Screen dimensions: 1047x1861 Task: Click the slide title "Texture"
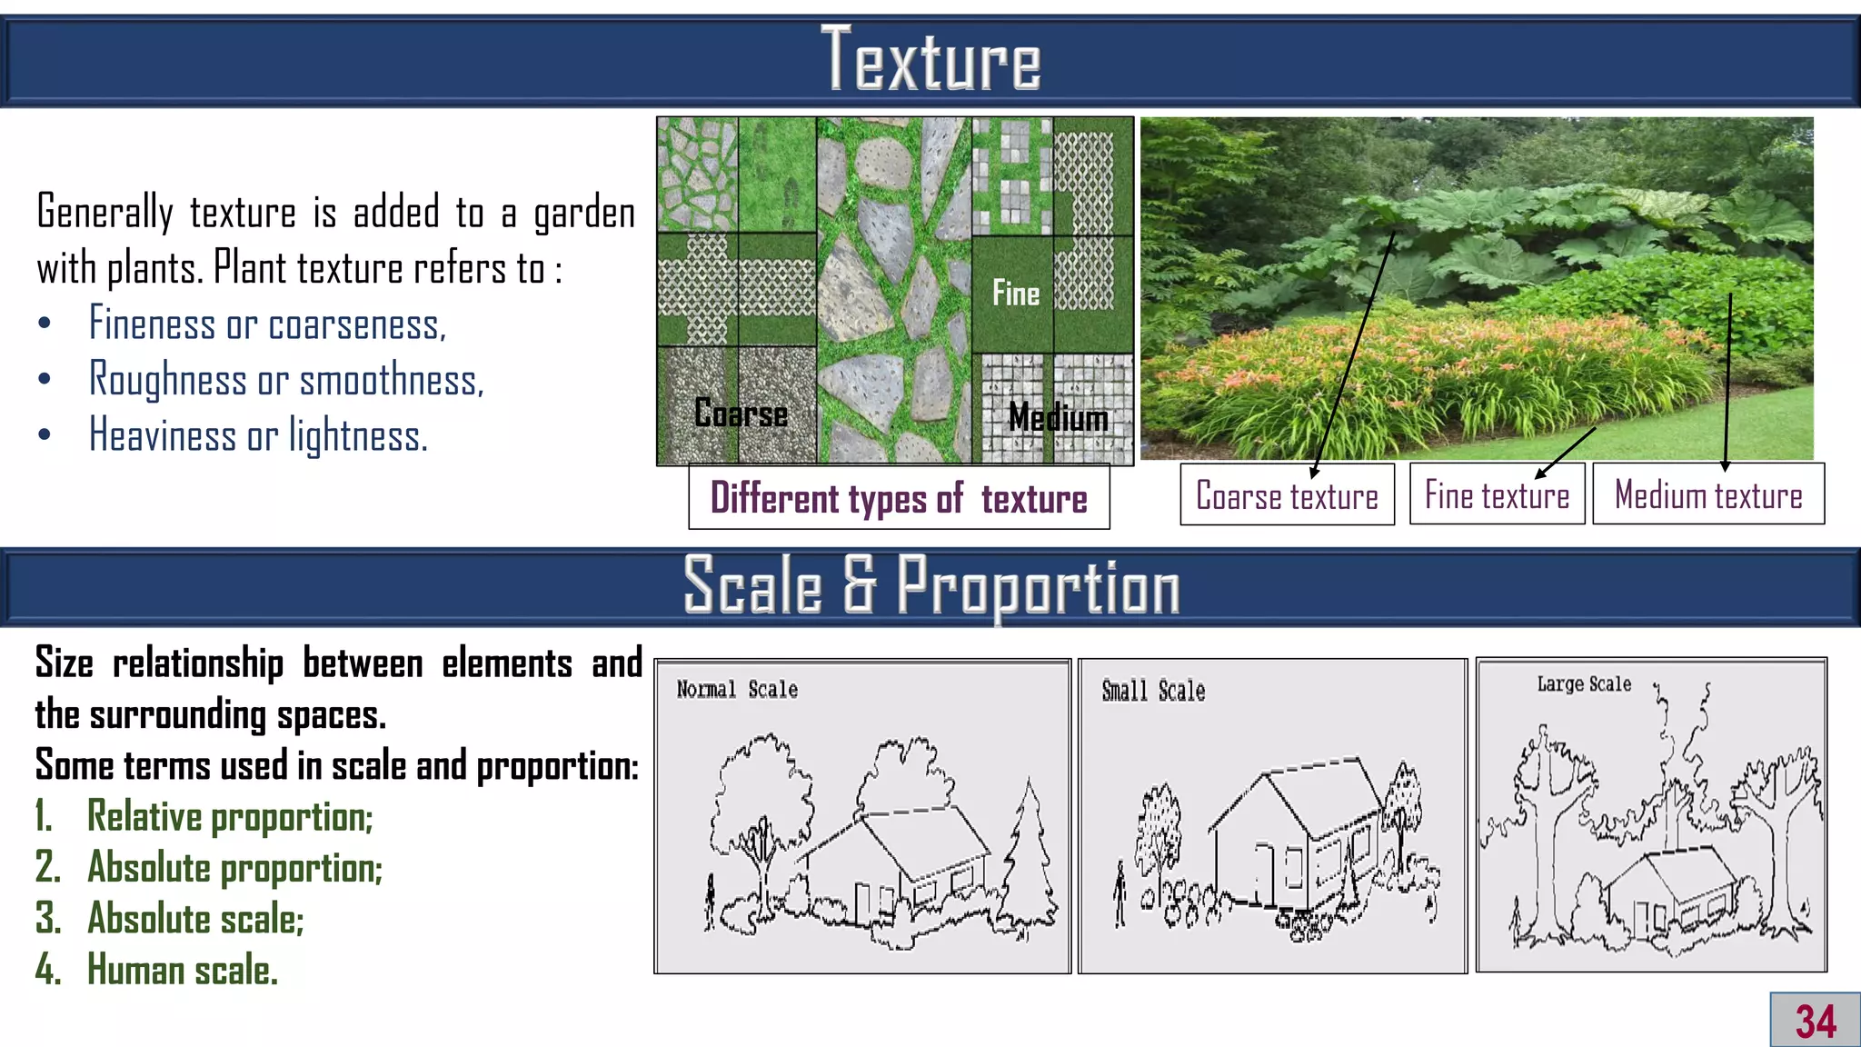point(930,60)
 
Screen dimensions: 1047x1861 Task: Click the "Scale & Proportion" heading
point(930,586)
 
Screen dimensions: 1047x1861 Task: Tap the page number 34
point(1815,1021)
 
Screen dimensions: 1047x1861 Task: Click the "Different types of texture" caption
point(899,498)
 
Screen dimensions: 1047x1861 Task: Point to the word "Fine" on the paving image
point(1016,294)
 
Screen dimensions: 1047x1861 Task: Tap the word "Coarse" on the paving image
point(741,414)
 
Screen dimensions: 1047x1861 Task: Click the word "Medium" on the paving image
point(1059,418)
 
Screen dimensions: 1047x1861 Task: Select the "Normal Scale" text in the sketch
point(737,690)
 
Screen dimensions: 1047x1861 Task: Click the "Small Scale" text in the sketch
point(1153,692)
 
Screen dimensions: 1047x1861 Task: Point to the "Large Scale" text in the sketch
point(1584,684)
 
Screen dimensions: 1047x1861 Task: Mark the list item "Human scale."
point(182,970)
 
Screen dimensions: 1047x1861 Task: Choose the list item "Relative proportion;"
point(229,816)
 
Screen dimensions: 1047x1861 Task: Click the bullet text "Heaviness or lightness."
point(258,435)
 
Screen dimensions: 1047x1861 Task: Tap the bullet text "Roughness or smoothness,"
point(286,380)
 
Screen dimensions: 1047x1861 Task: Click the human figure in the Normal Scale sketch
point(711,902)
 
